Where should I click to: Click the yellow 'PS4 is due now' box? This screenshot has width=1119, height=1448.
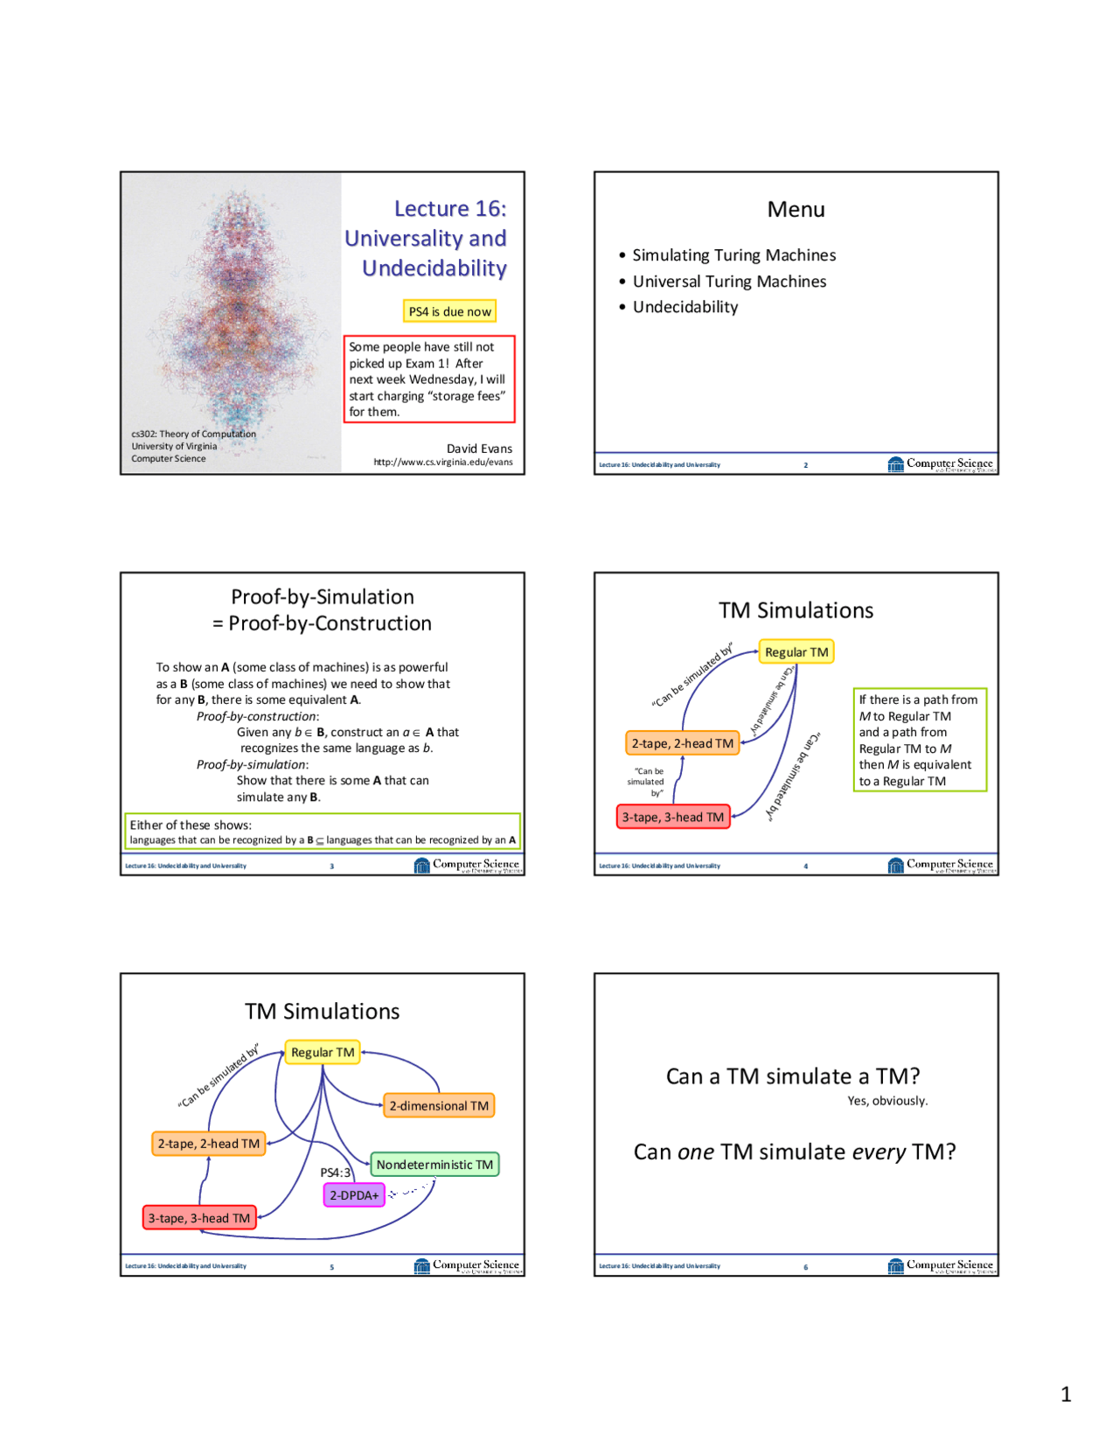449,311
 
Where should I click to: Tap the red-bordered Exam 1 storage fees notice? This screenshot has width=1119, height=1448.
428,379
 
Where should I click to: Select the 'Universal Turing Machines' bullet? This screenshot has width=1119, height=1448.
729,282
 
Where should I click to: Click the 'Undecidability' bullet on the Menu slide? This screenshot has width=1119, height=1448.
685,307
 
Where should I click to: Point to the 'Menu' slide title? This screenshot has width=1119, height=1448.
796,210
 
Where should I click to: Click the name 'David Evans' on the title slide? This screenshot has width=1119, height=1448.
479,449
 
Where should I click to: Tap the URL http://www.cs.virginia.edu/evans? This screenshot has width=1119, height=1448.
443,463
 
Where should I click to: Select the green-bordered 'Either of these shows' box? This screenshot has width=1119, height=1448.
323,832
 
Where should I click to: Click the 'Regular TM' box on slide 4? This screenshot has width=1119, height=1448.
796,652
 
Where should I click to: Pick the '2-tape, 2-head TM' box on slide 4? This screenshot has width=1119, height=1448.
682,743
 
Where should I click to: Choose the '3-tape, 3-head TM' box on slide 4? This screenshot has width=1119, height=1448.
673,817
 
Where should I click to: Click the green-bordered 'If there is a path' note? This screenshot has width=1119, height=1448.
919,740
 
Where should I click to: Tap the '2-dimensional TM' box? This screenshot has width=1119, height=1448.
439,1106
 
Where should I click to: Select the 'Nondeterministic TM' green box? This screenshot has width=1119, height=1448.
434,1165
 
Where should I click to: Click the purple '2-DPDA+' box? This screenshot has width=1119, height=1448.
354,1195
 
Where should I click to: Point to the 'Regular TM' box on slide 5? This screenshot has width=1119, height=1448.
323,1053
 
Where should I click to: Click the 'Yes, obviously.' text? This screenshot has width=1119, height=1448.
887,1101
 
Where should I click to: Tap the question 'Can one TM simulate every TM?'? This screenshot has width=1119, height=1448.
795,1152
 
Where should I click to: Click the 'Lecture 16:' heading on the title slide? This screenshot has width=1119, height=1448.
449,209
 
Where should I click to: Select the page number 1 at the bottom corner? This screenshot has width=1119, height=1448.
1066,1394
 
